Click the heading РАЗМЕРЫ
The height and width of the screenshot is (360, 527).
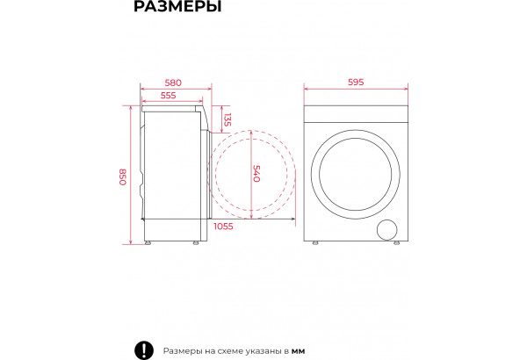[177, 6]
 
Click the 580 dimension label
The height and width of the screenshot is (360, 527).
[173, 83]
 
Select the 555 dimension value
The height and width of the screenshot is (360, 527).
[168, 96]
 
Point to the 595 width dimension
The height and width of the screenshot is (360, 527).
[356, 82]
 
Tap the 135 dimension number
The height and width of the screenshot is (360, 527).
[227, 119]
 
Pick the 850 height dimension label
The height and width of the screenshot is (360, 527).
[123, 176]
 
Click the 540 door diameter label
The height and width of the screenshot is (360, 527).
[256, 174]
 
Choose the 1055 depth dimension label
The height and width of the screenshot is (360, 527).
[223, 227]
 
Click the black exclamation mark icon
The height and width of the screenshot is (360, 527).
[144, 350]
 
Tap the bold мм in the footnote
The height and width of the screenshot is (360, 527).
[298, 351]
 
